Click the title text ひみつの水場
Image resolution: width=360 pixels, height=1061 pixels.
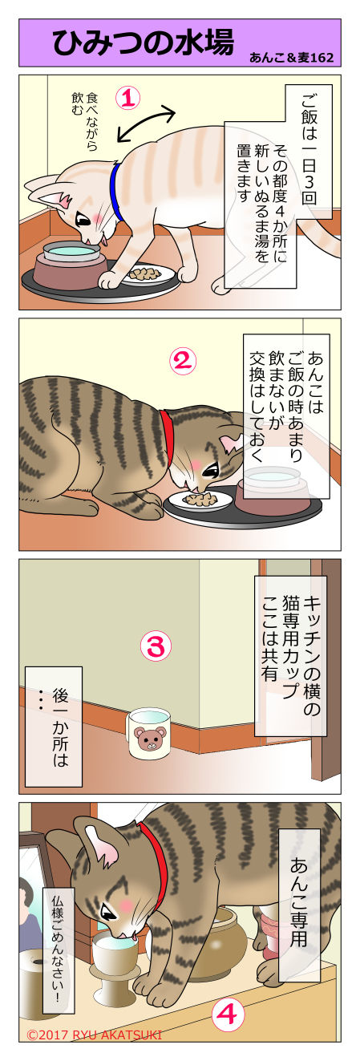coord(143,43)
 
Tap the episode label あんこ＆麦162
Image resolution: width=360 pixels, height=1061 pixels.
coord(291,58)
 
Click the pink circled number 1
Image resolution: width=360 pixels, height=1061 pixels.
coord(128,99)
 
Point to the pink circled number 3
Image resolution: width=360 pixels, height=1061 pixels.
coord(156,646)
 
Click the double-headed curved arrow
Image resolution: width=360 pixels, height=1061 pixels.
coord(147,124)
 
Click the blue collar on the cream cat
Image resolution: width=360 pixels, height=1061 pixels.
coord(116,190)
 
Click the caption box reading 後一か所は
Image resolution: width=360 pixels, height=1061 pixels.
coord(53,726)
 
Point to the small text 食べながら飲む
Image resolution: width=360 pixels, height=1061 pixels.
coord(84,120)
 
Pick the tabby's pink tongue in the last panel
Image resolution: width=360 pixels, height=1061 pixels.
coord(135,936)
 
